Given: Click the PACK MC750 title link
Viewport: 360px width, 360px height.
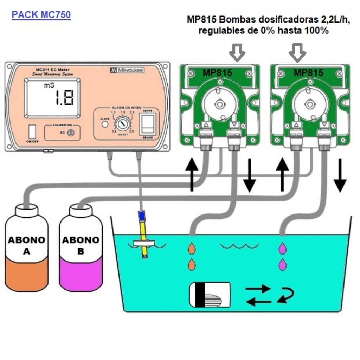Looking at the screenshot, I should click(x=41, y=15).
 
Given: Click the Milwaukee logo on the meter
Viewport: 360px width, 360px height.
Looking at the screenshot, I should click(x=127, y=70).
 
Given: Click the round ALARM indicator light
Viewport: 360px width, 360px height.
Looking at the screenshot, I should click(x=104, y=124).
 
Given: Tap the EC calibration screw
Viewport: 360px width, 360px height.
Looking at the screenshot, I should click(x=70, y=133).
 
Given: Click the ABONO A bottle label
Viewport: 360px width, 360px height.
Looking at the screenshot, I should click(x=27, y=245).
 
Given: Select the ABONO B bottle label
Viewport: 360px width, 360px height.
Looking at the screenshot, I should click(x=81, y=245).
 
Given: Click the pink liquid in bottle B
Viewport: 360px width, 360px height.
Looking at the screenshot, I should click(x=81, y=276).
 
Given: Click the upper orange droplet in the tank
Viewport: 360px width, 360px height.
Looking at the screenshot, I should click(x=192, y=249).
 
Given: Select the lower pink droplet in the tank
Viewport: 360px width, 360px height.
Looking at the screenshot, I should click(x=282, y=264).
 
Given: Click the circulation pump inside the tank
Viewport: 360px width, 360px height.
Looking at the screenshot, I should click(x=210, y=294).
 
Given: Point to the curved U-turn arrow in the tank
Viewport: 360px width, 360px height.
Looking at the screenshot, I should click(x=285, y=294).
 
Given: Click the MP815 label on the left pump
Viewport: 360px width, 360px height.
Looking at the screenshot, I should click(x=217, y=73).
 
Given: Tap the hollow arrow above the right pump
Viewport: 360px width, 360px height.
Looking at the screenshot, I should click(x=297, y=52).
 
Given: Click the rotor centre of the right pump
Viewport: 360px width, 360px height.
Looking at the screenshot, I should click(x=310, y=104).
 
